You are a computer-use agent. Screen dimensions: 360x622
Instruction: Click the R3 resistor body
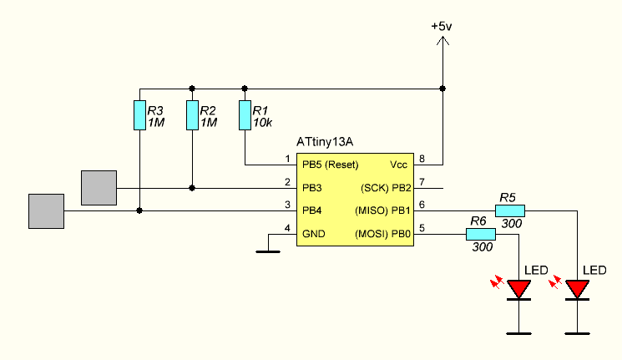click(139, 115)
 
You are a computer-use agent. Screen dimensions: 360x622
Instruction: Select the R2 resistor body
click(192, 115)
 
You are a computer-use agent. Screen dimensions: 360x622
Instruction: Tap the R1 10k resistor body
click(245, 115)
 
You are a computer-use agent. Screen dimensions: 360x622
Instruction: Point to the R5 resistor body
click(509, 211)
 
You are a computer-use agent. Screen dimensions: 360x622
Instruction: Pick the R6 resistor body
click(480, 235)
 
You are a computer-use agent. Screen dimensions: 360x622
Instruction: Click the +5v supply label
click(442, 27)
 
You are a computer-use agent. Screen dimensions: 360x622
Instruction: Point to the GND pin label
click(314, 234)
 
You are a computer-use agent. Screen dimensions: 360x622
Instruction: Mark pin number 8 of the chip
click(422, 159)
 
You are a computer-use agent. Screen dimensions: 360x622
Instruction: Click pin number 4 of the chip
click(287, 229)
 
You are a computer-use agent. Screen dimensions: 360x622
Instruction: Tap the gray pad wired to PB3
click(99, 188)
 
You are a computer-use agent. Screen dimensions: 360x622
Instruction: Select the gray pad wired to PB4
click(46, 211)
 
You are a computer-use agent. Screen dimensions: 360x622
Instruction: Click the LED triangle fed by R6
click(519, 289)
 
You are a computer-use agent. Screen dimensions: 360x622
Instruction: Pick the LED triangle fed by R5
click(577, 289)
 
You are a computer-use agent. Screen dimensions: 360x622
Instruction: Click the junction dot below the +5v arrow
click(442, 88)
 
